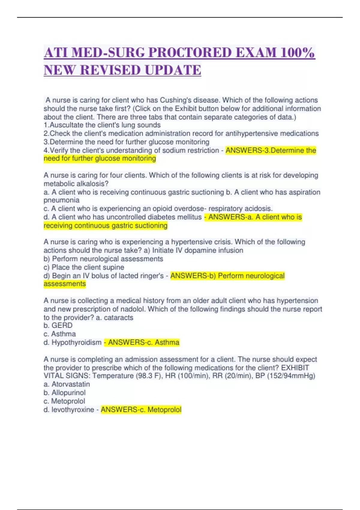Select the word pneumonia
pyautogui.click(x=61, y=200)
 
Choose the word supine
pyautogui.click(x=113, y=267)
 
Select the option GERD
pyautogui.click(x=62, y=325)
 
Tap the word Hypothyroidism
pyautogui.click(x=76, y=342)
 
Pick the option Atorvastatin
pyautogui.click(x=70, y=384)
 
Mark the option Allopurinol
pyautogui.click(x=68, y=393)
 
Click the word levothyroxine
pyautogui.click(x=73, y=409)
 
